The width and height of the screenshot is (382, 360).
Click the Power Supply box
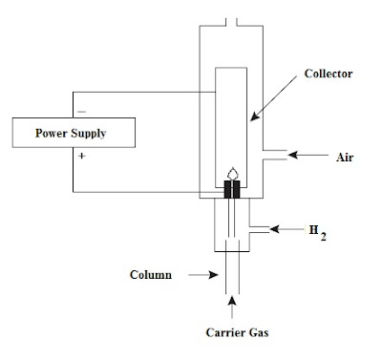(x=71, y=133)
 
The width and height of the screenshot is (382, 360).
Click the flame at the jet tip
(x=231, y=174)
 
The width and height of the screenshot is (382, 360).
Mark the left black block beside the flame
(x=226, y=190)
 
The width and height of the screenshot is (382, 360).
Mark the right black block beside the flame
(x=237, y=190)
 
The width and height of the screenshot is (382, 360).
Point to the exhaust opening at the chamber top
(x=231, y=21)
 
